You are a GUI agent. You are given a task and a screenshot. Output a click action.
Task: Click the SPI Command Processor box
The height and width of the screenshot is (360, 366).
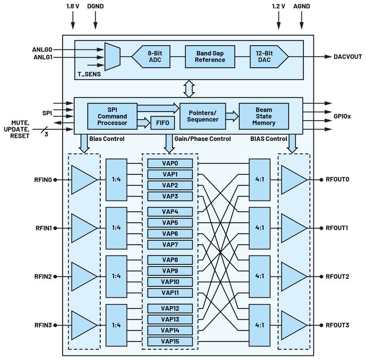click(x=112, y=116)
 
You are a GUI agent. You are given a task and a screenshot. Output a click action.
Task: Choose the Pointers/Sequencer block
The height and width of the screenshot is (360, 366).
click(x=204, y=116)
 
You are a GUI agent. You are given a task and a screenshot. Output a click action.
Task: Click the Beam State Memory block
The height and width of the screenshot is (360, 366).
click(x=264, y=116)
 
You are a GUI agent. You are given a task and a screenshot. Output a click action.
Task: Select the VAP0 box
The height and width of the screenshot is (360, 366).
click(x=170, y=163)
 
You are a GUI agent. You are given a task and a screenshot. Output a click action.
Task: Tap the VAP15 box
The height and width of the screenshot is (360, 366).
click(x=170, y=341)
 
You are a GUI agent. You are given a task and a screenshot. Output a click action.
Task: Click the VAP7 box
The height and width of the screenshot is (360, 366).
click(x=170, y=245)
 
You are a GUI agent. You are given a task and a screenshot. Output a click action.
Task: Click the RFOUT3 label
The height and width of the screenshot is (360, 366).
click(x=337, y=325)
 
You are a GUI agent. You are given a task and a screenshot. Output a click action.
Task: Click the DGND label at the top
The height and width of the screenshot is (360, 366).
click(x=95, y=7)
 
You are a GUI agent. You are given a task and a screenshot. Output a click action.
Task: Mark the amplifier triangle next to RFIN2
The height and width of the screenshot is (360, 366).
click(x=83, y=277)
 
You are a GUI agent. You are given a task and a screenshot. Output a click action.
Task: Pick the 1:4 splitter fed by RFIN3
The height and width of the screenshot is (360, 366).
click(x=116, y=325)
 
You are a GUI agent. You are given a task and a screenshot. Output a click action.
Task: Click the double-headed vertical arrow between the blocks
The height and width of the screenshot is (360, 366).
click(x=189, y=89)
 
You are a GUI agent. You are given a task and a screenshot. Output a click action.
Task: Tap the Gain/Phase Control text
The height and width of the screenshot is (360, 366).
click(x=202, y=139)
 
